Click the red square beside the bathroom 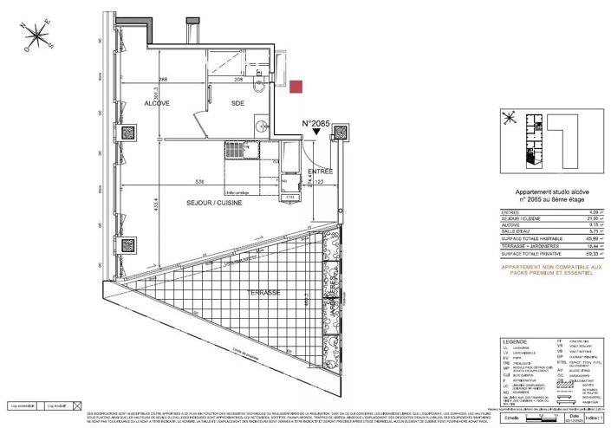pos(296,86)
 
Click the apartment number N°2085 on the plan pos(318,125)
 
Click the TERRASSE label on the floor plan pos(262,293)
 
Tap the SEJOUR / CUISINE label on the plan pos(214,202)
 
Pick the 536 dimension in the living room pos(200,183)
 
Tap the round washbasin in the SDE pos(257,88)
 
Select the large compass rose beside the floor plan pos(38,37)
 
